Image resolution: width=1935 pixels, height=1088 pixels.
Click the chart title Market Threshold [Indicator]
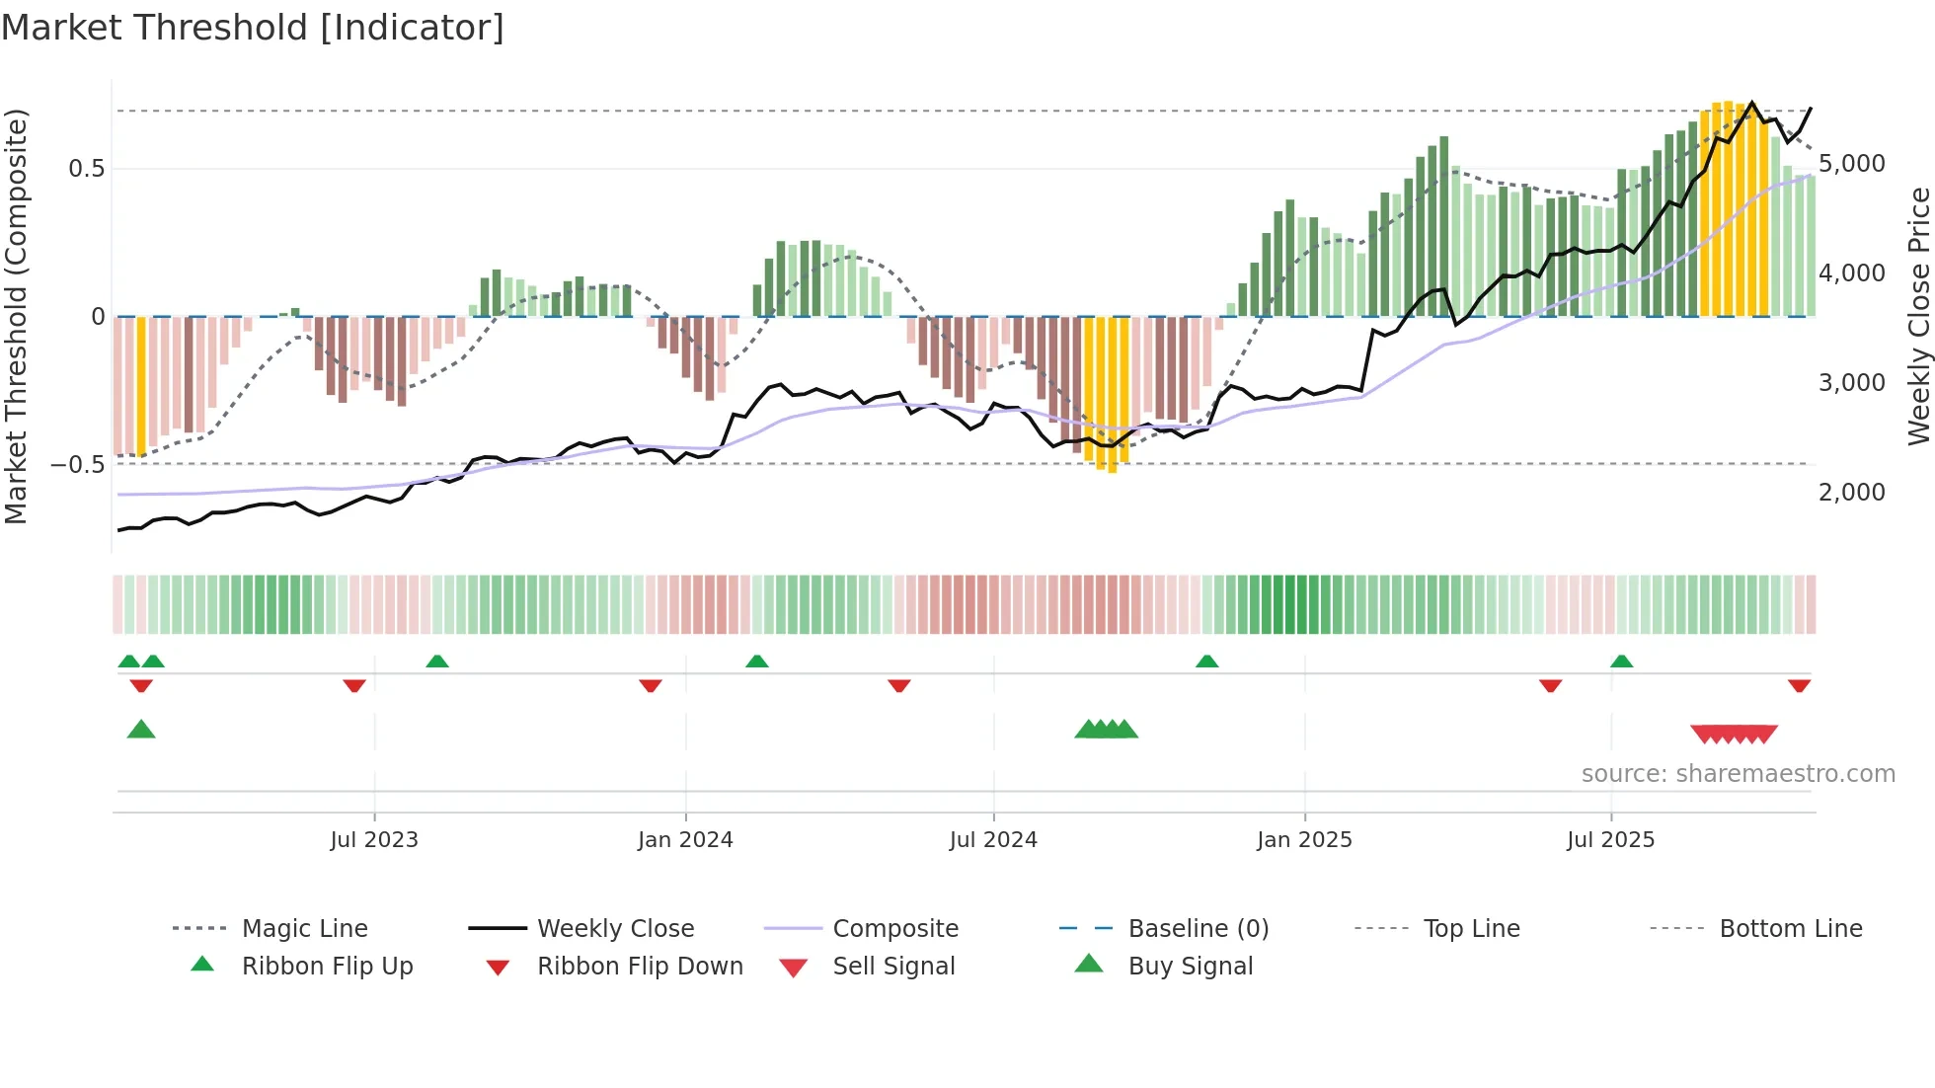[253, 28]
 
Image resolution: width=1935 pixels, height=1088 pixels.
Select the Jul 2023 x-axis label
[374, 839]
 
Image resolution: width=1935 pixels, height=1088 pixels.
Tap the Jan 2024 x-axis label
[685, 839]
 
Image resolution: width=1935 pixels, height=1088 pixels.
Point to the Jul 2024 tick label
[993, 839]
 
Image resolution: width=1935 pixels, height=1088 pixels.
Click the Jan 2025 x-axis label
[1304, 839]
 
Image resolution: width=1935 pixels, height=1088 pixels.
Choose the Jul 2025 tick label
[1610, 839]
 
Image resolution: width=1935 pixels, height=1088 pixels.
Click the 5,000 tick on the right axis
[1851, 164]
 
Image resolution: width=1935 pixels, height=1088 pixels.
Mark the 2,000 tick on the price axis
[1851, 492]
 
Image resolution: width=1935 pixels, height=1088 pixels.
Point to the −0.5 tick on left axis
[78, 464]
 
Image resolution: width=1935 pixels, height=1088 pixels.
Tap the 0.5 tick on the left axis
[87, 169]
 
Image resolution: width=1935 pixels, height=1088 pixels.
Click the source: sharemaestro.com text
[1738, 773]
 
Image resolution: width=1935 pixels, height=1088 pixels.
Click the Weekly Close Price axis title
[1918, 316]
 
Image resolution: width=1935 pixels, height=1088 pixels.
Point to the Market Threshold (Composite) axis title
[16, 316]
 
